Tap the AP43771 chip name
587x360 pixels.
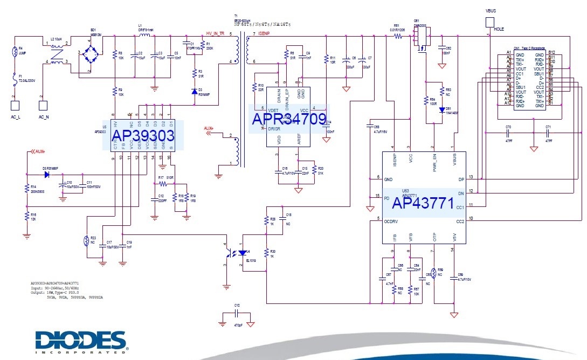point(424,204)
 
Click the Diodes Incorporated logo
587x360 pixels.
point(81,341)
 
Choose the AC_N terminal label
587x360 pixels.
point(43,116)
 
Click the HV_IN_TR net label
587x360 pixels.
point(215,33)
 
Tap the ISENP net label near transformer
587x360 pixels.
point(264,33)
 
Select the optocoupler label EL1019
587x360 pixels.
point(252,260)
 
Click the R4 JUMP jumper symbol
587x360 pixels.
point(15,53)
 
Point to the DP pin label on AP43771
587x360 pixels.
point(460,178)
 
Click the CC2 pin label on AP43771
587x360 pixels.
point(460,221)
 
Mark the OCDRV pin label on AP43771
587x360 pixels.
point(391,221)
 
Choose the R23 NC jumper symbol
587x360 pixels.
point(86,241)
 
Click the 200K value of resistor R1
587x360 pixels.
point(210,49)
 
